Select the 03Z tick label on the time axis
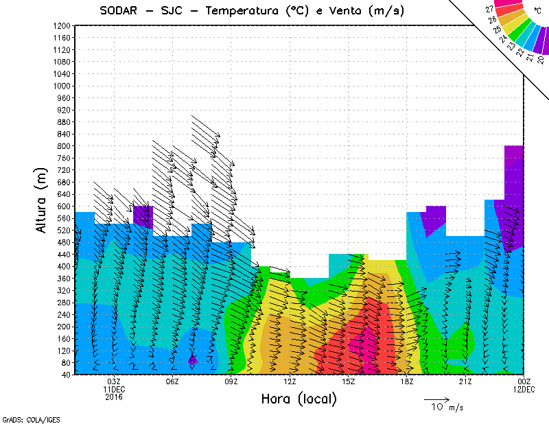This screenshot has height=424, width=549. click(114, 381)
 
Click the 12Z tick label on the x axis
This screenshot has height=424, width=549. click(290, 381)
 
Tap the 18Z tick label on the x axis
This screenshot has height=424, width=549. click(407, 381)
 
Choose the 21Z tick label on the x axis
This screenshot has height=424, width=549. click(465, 381)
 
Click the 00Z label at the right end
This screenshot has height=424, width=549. click(524, 381)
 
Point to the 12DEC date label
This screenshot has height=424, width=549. click(524, 389)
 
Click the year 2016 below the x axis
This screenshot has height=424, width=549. click(114, 397)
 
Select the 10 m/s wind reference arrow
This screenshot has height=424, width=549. click(436, 399)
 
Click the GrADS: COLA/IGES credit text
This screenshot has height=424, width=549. click(23, 419)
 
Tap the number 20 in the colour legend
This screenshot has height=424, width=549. click(541, 60)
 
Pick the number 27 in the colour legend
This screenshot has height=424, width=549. click(489, 10)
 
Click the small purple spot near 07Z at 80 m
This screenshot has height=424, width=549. click(193, 359)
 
